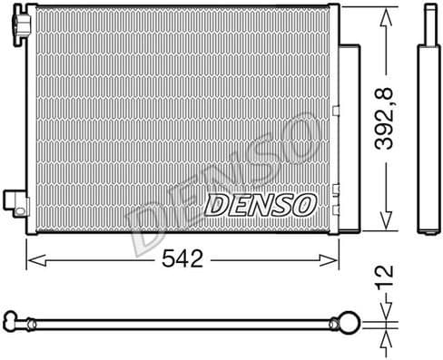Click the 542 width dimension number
[183, 258]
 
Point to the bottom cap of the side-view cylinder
[426, 229]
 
